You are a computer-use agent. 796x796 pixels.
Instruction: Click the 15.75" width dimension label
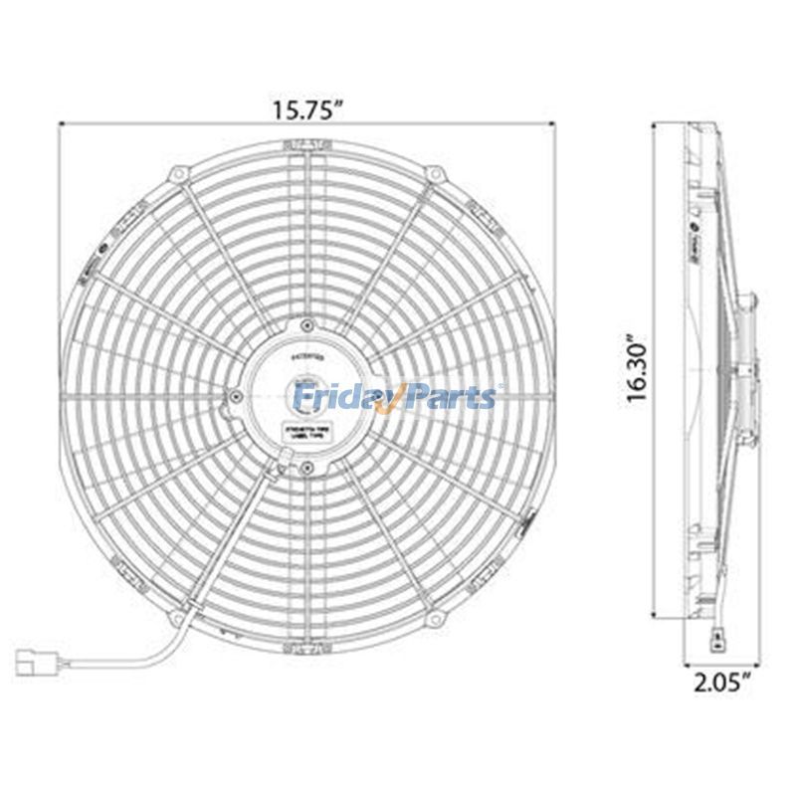coord(307,109)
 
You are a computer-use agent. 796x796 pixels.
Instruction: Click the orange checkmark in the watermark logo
coord(393,397)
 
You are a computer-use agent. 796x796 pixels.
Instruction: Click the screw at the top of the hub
coord(307,325)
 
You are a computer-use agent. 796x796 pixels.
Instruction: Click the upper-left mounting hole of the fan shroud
coord(180,175)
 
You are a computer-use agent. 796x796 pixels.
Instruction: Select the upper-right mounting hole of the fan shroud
coord(434,175)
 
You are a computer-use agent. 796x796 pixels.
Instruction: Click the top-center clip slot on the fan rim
coord(307,145)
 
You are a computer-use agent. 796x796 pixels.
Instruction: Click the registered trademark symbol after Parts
coord(499,387)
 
